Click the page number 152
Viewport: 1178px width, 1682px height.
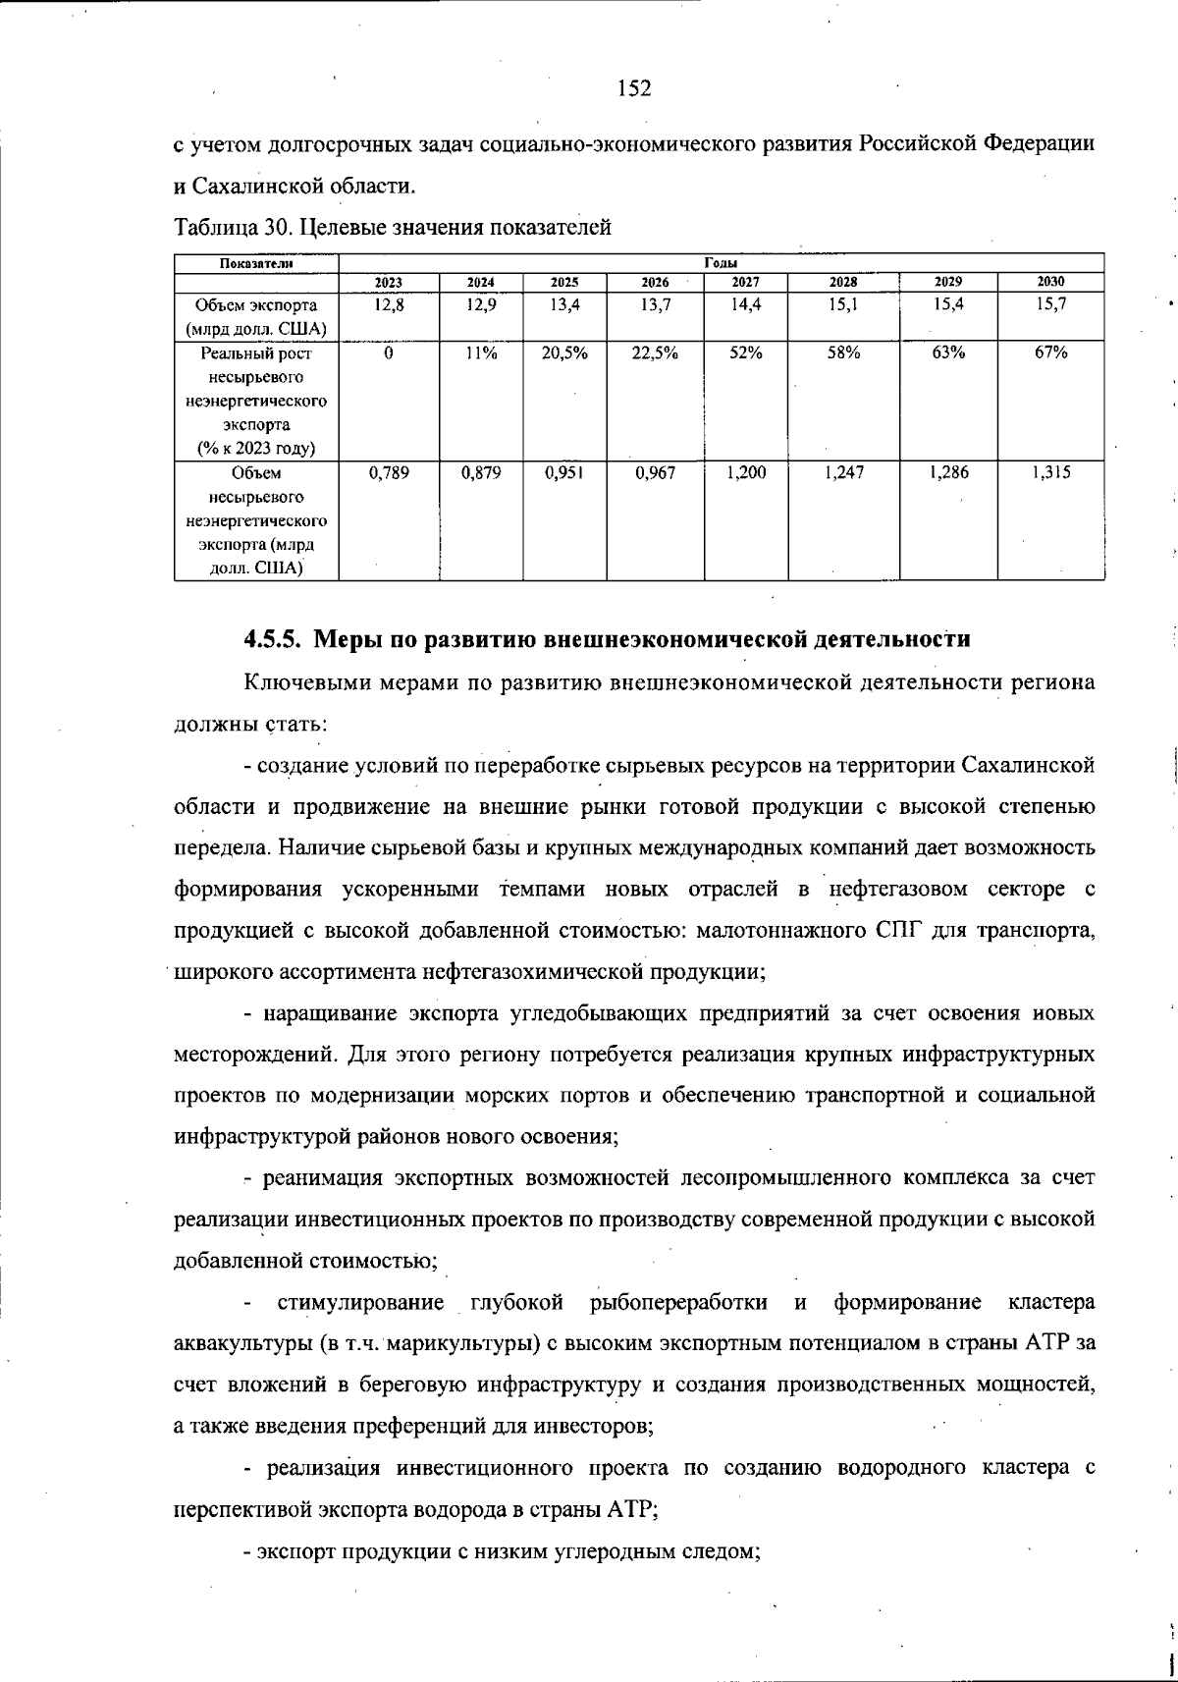tap(634, 89)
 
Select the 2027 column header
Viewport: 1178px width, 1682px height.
tap(745, 282)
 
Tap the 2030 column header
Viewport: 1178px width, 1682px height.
tap(1050, 282)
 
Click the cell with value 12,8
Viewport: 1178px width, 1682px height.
tap(389, 305)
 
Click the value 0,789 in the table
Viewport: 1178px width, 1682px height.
tap(389, 473)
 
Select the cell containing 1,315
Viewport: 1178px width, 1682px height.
tap(1050, 473)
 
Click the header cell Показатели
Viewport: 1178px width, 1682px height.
tap(256, 263)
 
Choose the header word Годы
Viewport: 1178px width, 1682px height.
tap(722, 263)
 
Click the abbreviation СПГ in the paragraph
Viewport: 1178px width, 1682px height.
tap(898, 931)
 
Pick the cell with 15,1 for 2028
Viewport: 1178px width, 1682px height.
tap(844, 305)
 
